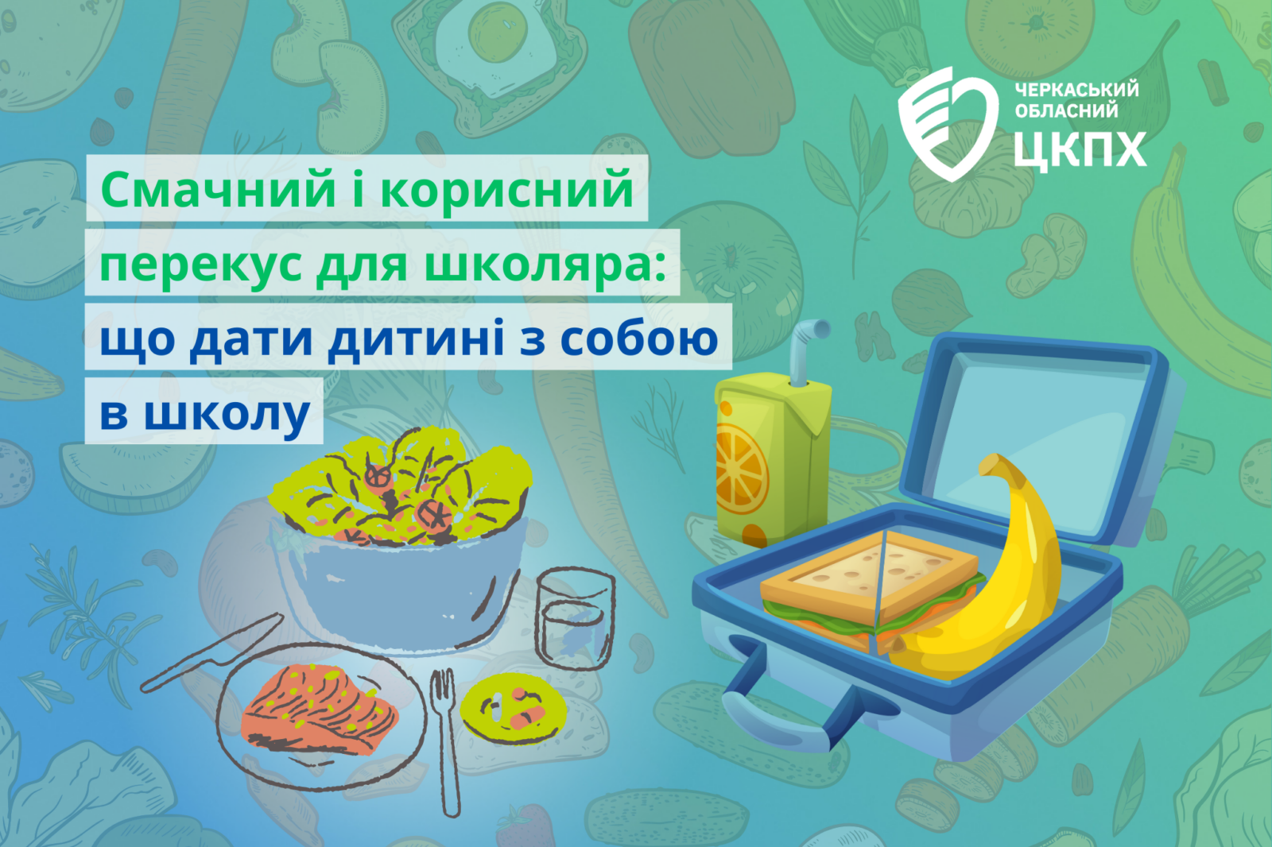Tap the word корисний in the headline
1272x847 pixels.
coord(506,190)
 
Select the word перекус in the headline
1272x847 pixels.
coord(200,265)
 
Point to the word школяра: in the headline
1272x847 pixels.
coord(545,265)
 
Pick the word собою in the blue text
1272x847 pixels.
coord(639,339)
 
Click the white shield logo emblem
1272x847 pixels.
coord(947,124)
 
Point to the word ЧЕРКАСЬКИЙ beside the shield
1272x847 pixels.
coord(1076,89)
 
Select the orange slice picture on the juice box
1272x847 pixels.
coord(740,472)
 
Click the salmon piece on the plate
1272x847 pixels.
coord(319,710)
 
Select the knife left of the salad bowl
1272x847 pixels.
coord(211,653)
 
